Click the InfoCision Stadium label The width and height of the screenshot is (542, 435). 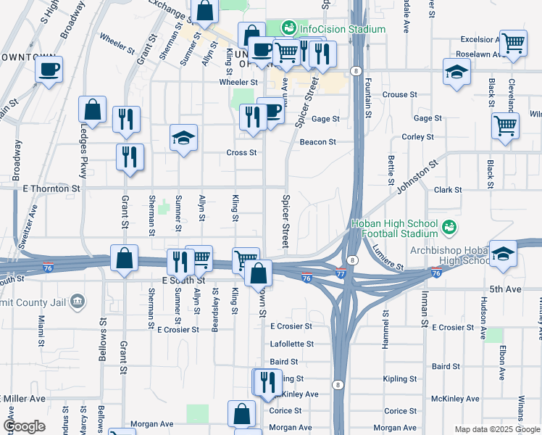click(x=342, y=29)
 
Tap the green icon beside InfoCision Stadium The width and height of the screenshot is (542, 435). click(x=289, y=28)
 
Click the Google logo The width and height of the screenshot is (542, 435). click(x=24, y=426)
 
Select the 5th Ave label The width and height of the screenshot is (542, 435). click(x=505, y=289)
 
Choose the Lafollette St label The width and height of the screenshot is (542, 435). click(x=291, y=344)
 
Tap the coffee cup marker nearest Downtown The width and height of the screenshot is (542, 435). click(x=49, y=70)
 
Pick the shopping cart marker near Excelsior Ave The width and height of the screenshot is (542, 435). click(x=513, y=43)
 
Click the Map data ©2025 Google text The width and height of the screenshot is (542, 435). click(x=497, y=429)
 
